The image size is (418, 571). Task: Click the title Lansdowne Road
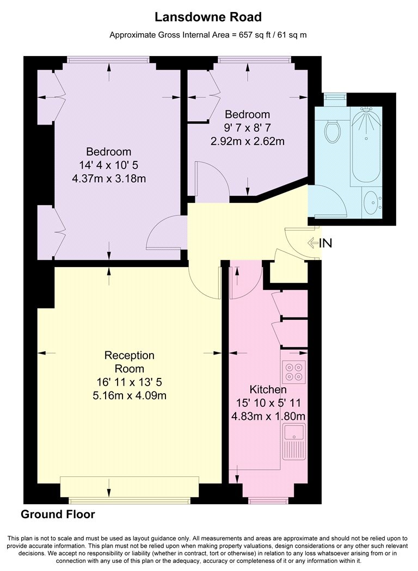click(208, 17)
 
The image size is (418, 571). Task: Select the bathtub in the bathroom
click(366, 144)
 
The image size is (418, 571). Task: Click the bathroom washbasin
click(372, 201)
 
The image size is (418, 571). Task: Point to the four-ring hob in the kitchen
click(293, 371)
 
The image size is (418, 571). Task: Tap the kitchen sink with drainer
click(294, 441)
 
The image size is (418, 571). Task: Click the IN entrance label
click(325, 243)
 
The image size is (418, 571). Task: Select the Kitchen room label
click(268, 389)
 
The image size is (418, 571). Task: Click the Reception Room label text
click(130, 362)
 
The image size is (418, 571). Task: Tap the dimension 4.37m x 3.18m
click(109, 179)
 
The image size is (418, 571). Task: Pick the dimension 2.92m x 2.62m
click(248, 141)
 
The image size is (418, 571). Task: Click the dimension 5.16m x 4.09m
click(130, 395)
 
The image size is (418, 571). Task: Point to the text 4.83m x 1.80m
click(268, 416)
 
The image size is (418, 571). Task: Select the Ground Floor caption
click(58, 514)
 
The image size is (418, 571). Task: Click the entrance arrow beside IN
click(313, 243)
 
